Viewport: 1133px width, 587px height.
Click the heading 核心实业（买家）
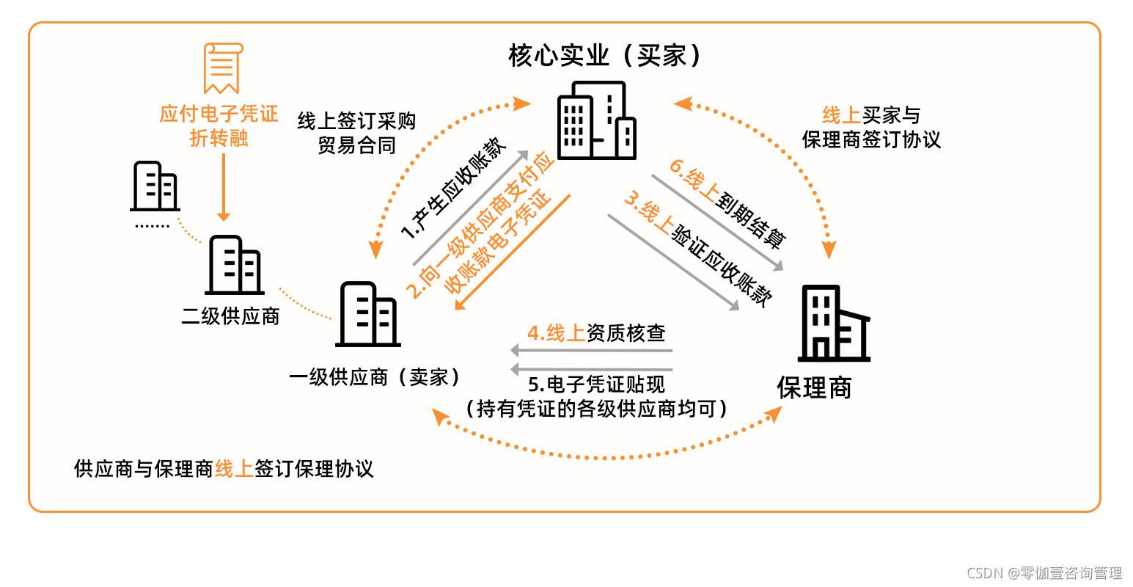(x=606, y=56)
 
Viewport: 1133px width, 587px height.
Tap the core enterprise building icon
(x=596, y=120)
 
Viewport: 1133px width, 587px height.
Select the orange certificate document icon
(x=221, y=68)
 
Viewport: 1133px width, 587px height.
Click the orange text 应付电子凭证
(x=219, y=114)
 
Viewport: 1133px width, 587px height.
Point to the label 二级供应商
(x=230, y=316)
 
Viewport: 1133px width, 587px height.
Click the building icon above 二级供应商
(x=235, y=265)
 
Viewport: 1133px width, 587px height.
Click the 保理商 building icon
(x=833, y=324)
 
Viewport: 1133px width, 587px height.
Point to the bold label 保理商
(x=814, y=388)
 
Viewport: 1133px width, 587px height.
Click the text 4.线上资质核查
(x=596, y=333)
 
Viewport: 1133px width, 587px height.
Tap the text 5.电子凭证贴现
(x=596, y=384)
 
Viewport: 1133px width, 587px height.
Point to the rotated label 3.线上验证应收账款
(x=697, y=249)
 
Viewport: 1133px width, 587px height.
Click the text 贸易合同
(x=356, y=145)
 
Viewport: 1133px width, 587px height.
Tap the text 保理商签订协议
(x=870, y=139)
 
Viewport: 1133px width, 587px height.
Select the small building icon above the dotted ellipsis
(x=155, y=186)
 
